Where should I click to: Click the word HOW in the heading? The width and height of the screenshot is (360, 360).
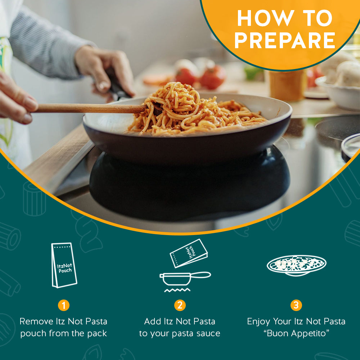[265, 18]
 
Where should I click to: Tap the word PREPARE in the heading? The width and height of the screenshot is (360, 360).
[285, 40]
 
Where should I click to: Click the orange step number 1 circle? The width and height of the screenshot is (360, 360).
[64, 305]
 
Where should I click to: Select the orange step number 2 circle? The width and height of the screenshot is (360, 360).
[180, 305]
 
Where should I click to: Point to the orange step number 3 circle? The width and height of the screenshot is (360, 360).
[296, 305]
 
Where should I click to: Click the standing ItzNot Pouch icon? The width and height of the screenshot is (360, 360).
[64, 265]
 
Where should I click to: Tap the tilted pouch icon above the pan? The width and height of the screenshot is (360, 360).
[189, 253]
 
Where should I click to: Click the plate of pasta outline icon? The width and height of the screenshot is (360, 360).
[296, 265]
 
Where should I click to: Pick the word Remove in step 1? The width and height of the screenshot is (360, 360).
[36, 321]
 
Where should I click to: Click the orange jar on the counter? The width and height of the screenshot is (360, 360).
[287, 85]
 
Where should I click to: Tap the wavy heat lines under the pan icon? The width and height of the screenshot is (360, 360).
[177, 290]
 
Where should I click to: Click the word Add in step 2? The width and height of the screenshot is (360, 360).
[152, 321]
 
